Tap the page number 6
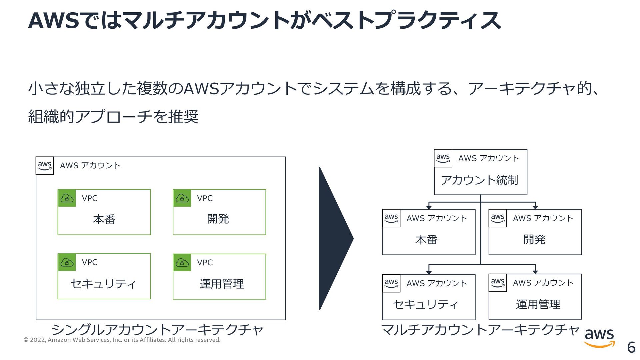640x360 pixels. [631, 347]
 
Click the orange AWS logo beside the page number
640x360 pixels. [599, 337]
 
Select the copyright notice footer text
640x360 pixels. [122, 340]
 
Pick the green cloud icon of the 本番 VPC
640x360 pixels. [67, 198]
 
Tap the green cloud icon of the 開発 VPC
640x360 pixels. [182, 198]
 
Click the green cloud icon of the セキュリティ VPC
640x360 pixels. [67, 262]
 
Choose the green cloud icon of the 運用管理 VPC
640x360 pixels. [182, 263]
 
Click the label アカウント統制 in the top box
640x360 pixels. [479, 180]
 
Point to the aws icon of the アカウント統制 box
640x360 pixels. [443, 158]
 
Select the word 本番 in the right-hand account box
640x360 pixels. [427, 240]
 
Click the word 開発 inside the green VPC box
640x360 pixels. [218, 219]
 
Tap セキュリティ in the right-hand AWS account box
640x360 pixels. [426, 304]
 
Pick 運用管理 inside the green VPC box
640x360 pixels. [222, 284]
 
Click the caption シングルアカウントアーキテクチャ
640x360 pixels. [157, 330]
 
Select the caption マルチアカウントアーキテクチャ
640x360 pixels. [480, 330]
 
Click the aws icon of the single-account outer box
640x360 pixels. [45, 166]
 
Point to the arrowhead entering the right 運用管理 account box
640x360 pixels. [535, 272]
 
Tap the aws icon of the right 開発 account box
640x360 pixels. [498, 218]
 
